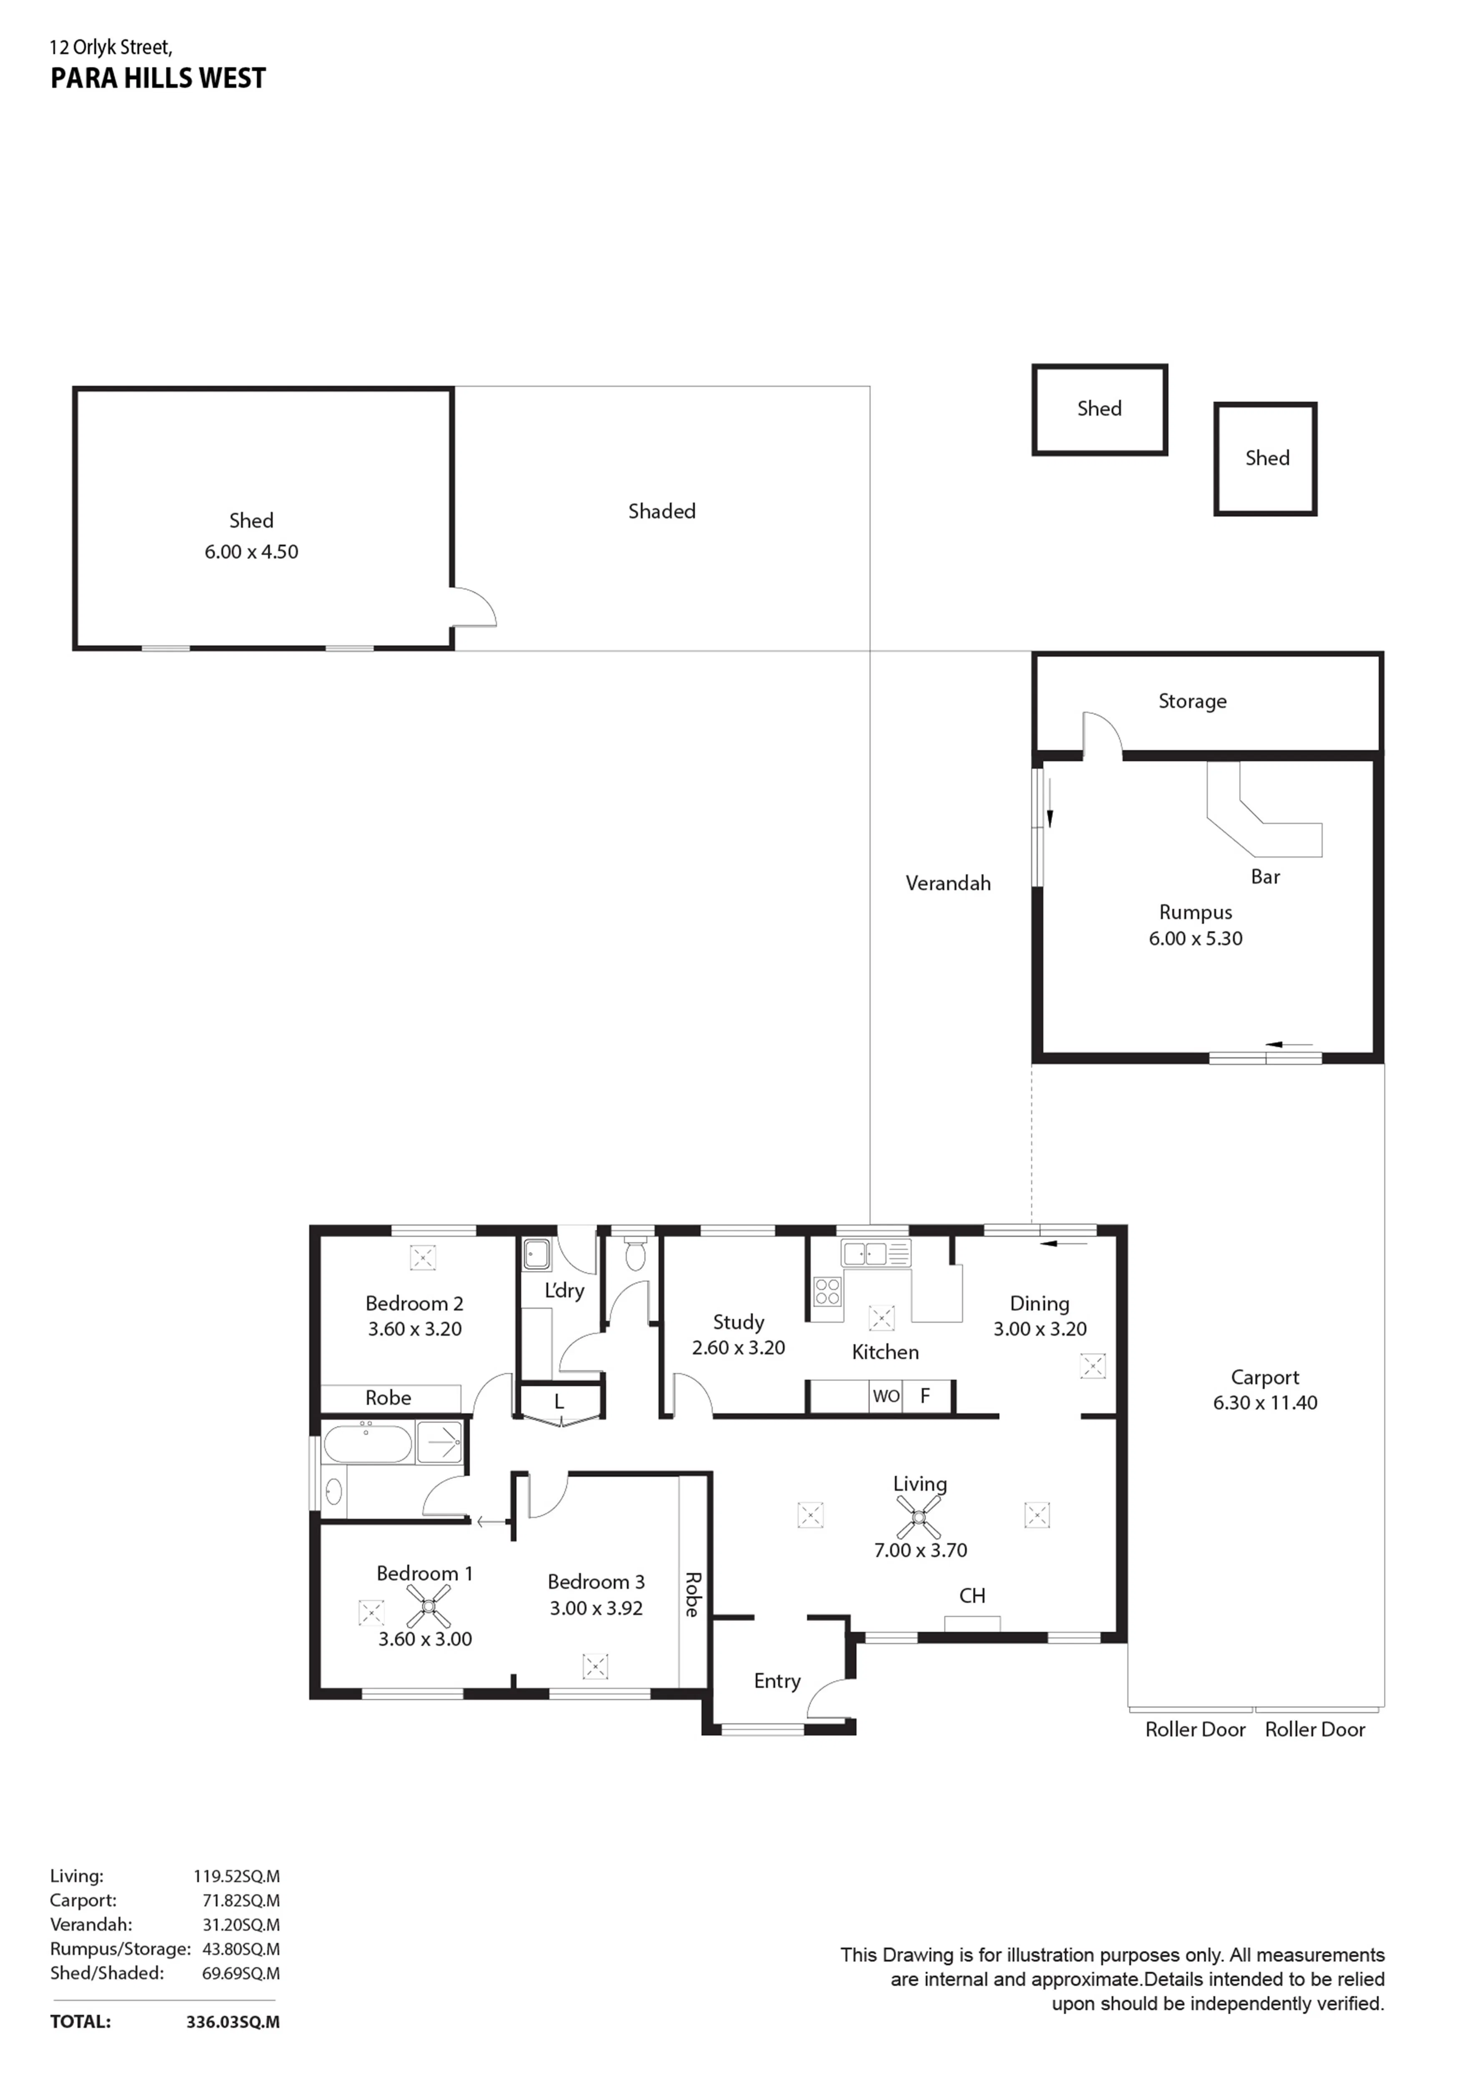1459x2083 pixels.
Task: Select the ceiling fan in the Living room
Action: [919, 1516]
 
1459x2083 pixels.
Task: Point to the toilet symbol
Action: [635, 1253]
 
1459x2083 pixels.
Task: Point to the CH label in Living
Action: [972, 1596]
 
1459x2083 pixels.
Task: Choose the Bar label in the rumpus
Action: [1265, 876]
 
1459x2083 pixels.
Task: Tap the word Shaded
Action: [662, 511]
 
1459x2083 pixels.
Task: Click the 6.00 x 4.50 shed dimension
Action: [251, 551]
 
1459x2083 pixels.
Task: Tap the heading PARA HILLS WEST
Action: [158, 79]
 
